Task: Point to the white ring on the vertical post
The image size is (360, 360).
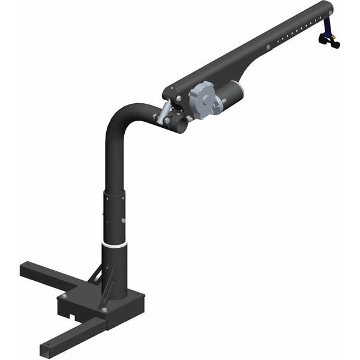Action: [115, 244]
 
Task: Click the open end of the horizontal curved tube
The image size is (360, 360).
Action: [180, 125]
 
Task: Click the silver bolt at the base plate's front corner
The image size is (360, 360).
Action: [104, 310]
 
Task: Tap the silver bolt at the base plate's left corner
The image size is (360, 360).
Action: [63, 296]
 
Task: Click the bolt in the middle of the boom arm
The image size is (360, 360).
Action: [266, 47]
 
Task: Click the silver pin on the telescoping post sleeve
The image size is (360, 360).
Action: [124, 221]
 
